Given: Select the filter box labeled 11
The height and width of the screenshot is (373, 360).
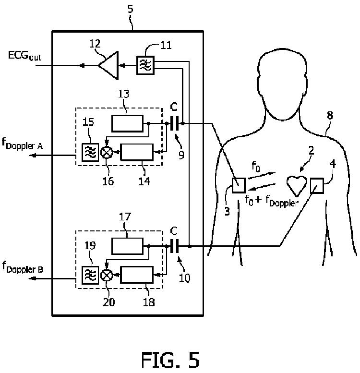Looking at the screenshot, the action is coord(145,65).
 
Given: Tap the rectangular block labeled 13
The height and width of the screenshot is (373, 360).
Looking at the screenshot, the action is coord(128,123).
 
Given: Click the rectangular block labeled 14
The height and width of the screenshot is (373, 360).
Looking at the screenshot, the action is coord(137,152).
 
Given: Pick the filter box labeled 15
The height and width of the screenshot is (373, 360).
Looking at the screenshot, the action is coord(90,152).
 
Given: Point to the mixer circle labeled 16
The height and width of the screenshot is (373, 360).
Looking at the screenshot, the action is coord(106,152).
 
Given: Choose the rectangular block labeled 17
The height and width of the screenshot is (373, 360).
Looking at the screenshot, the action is coord(128,246).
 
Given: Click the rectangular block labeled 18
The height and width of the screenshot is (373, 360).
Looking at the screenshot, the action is coord(137,275).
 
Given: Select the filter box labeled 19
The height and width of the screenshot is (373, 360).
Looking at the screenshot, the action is coord(90,275).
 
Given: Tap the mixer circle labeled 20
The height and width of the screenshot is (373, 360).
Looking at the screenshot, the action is coord(106,275).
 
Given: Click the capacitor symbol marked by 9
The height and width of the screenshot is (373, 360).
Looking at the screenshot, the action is coord(174,123).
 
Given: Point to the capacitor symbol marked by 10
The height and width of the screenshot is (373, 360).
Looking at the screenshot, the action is coord(174,246).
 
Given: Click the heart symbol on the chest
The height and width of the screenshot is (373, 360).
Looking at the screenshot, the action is coord(296,186).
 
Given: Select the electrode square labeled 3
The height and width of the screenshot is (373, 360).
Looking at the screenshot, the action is coord(239,185).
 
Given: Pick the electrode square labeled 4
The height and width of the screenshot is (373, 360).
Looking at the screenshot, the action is coord(317,185).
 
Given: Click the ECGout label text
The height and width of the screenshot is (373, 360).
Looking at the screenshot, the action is coord(25,56).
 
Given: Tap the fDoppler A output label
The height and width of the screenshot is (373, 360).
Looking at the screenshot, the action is coord(22,144).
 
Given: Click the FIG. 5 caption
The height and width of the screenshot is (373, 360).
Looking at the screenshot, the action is coord(170,360).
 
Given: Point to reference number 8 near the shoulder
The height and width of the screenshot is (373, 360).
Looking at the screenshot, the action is coord(330,115).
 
